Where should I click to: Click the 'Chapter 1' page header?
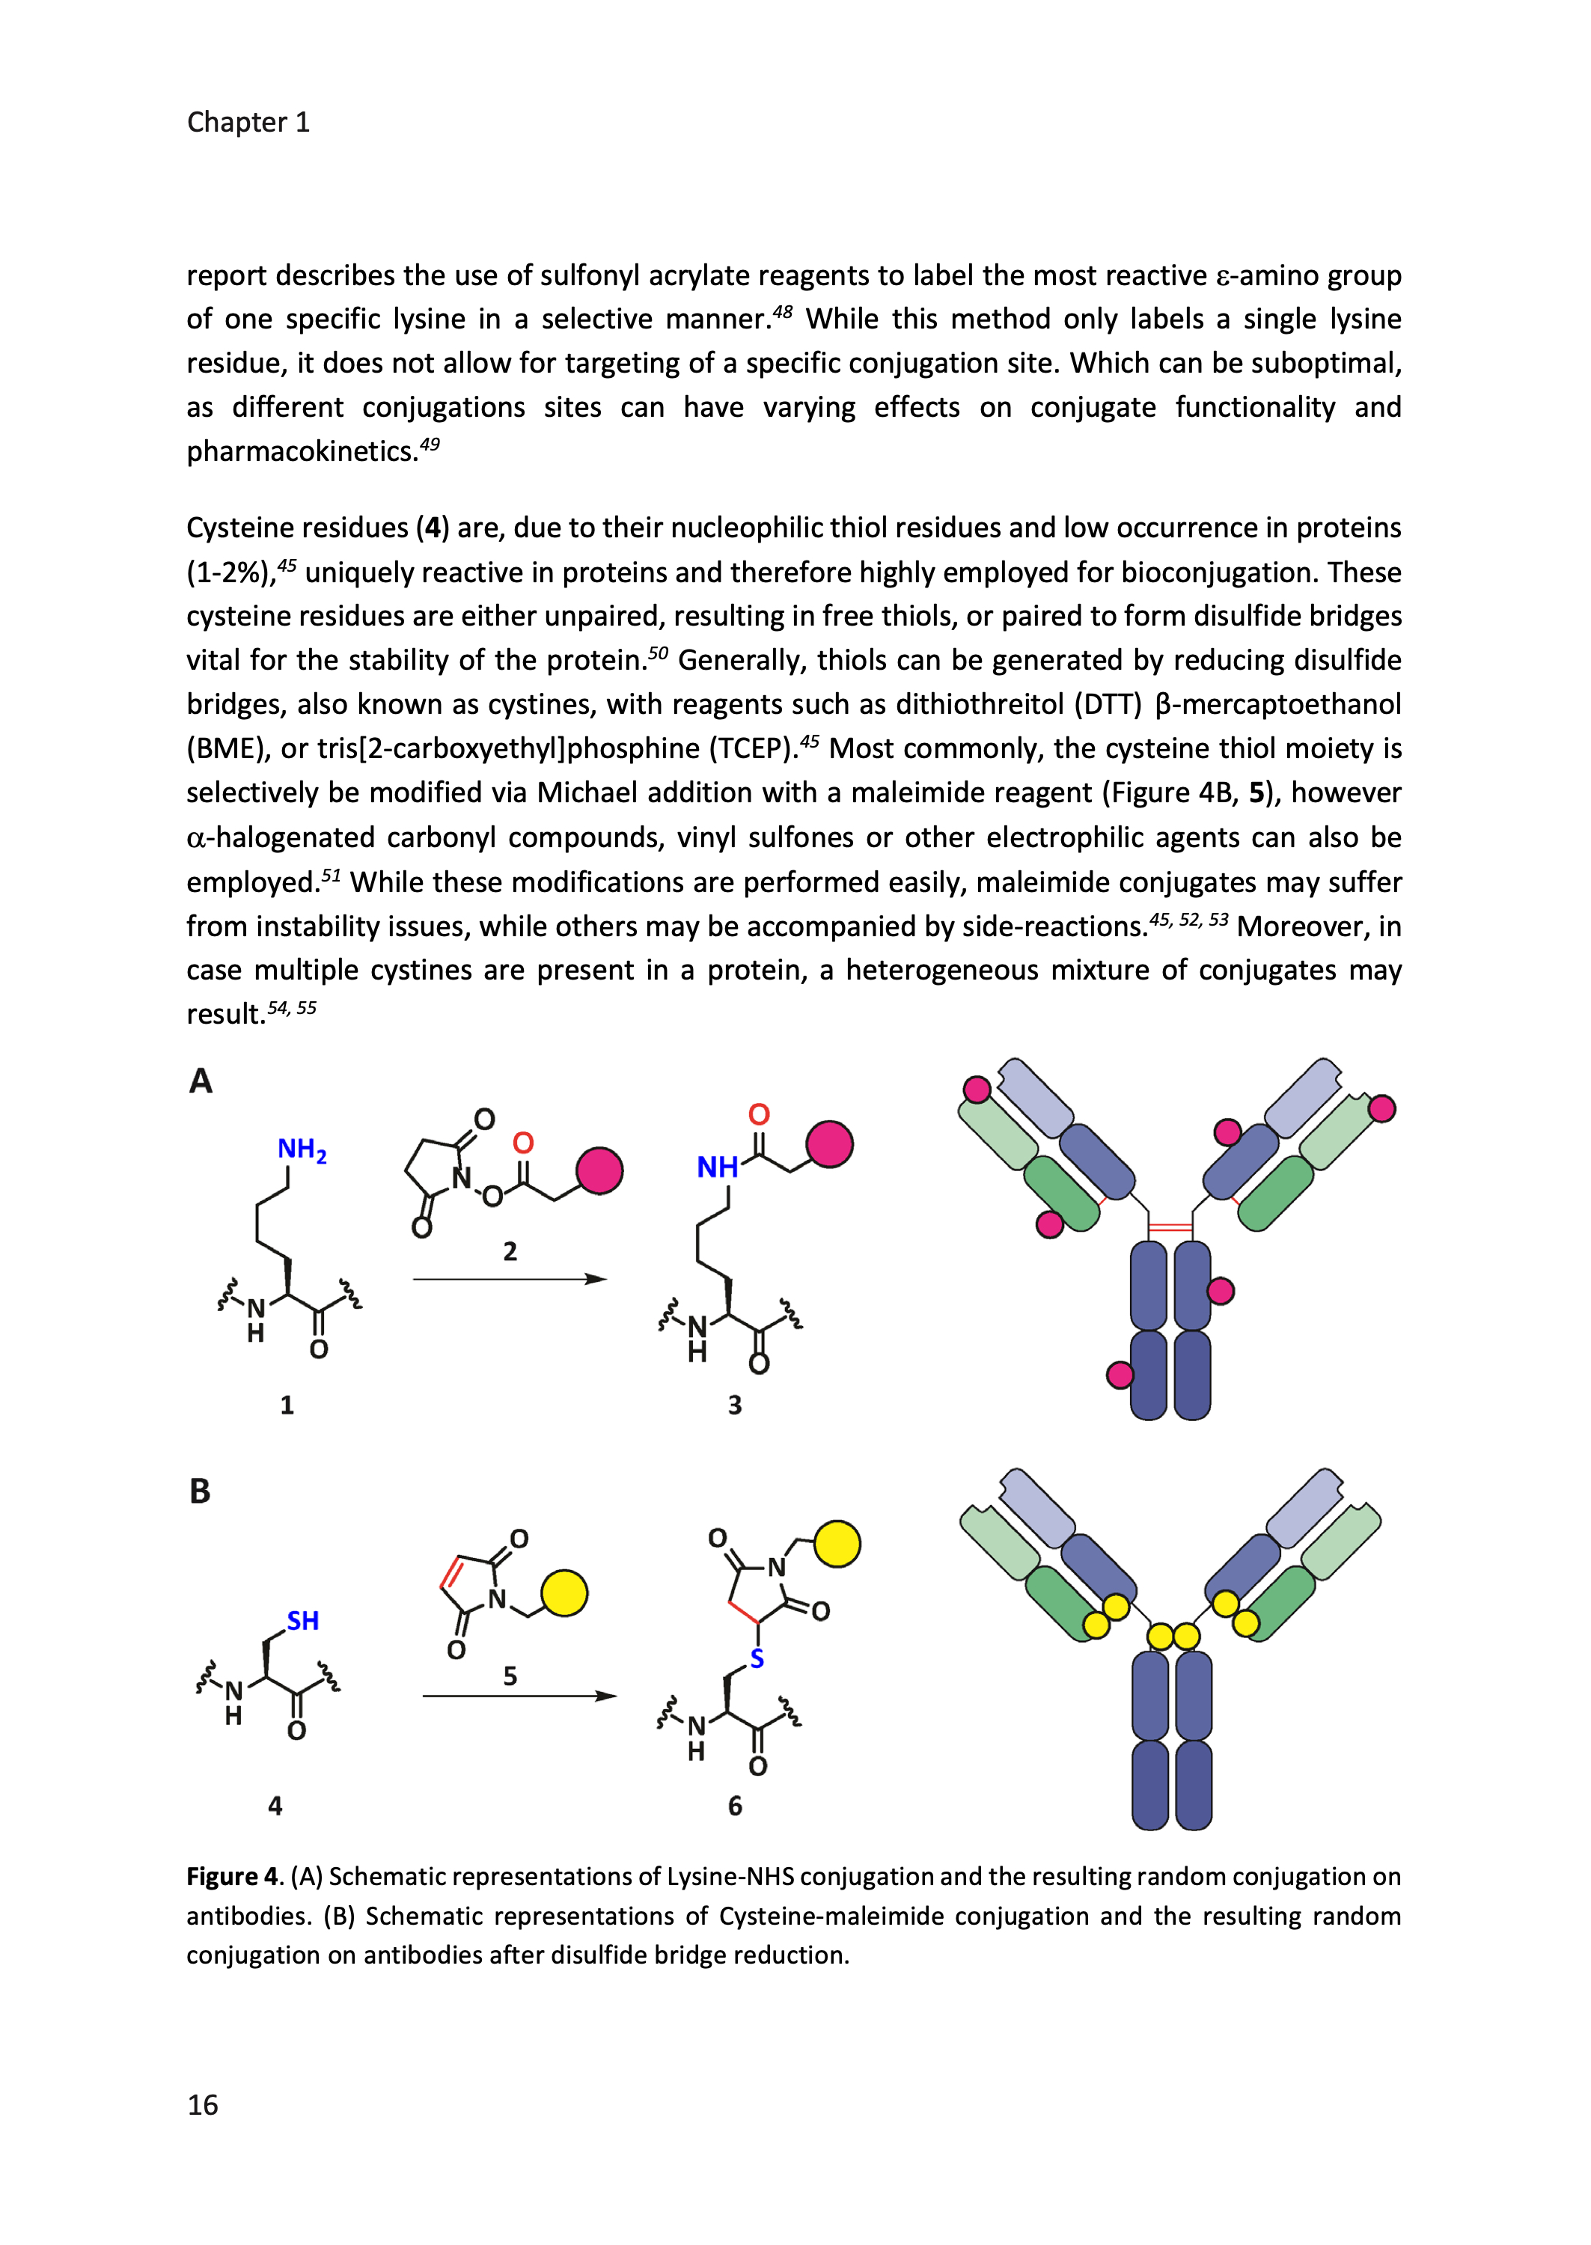[248, 123]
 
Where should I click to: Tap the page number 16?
[203, 2104]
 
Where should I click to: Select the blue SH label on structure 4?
[303, 1621]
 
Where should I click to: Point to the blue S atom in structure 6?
[757, 1659]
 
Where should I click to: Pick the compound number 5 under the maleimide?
[510, 1676]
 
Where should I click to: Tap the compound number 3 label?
[735, 1405]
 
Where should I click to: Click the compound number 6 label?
[735, 1805]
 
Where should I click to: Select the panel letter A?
[201, 1081]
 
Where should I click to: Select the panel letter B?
[200, 1491]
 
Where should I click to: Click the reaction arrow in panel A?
[510, 1279]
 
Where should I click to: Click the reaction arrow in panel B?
[519, 1696]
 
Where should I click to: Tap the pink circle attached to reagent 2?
[599, 1170]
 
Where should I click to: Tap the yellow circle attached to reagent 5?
[564, 1592]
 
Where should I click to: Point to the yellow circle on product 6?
[837, 1544]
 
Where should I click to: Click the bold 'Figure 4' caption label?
[233, 1877]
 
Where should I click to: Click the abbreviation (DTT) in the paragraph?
[1108, 704]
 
